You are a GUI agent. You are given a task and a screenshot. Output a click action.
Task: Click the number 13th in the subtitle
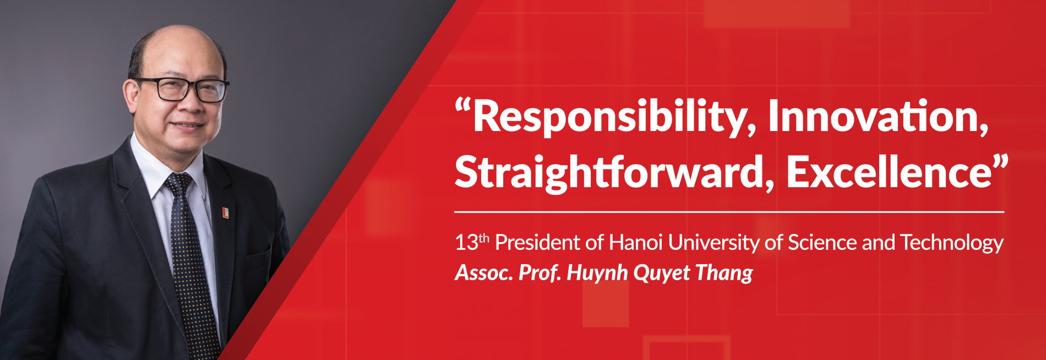[471, 242]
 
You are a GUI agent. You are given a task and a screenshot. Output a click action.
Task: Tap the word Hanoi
[635, 243]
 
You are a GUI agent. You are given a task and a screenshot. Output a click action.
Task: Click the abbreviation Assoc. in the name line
[483, 272]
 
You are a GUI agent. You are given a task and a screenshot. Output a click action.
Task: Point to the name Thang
[724, 273]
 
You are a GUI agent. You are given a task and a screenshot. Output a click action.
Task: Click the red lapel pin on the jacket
[226, 212]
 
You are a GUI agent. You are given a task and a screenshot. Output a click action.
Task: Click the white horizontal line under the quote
[729, 211]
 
